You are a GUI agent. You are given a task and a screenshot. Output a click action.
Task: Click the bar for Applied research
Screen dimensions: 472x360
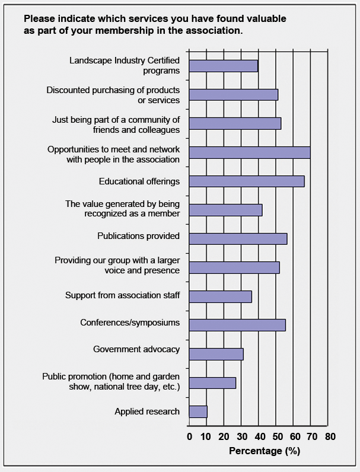coord(198,412)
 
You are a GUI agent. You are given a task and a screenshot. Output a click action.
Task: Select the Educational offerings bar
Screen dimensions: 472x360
coord(247,181)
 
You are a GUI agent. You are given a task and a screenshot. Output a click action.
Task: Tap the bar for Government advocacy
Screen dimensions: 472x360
coord(216,354)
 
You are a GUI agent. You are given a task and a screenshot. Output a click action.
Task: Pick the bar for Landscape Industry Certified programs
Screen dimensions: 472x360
coord(224,66)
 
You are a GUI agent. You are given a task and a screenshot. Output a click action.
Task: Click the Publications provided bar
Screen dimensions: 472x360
coord(238,238)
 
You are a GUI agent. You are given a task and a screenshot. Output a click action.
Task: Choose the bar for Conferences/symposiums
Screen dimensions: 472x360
coord(237,325)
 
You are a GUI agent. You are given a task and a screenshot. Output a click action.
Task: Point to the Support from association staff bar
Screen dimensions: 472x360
coord(220,296)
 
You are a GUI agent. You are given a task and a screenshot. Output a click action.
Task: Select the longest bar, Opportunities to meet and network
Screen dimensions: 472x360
coord(250,152)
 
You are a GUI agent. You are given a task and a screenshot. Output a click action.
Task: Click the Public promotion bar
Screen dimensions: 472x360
coord(212,383)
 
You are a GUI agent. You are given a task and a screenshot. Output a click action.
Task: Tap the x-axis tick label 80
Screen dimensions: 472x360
coord(330,437)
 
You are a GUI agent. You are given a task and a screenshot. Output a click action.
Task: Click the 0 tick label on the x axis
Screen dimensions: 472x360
coord(189,437)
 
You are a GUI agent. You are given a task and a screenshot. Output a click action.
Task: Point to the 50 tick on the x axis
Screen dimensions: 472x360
coord(277,437)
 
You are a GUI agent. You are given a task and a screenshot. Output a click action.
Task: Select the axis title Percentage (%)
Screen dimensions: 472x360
coord(265,451)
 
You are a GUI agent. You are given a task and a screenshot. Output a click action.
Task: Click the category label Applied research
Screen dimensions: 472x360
coord(147,411)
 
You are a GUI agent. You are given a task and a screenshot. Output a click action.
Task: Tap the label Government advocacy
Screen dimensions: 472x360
coord(136,349)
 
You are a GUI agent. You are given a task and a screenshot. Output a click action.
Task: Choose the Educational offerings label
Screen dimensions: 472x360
coord(139,181)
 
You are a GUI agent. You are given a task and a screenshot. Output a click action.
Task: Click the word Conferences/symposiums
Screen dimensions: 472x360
coord(130,323)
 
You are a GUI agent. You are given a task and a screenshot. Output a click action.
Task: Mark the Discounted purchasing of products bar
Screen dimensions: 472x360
coord(233,95)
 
